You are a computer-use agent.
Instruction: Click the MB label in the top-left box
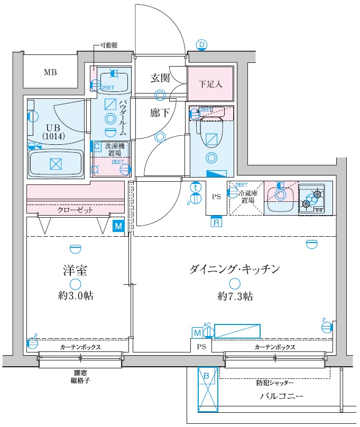coord(50,72)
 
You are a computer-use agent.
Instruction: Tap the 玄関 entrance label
coord(160,78)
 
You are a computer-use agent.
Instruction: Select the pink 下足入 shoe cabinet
coord(210,84)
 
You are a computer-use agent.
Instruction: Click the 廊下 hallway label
coord(160,113)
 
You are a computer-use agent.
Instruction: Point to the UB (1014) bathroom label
coord(52,131)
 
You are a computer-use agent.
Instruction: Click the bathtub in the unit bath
coord(56,163)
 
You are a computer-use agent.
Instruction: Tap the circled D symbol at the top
coord(201,44)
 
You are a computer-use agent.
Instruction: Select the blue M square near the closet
coord(118,226)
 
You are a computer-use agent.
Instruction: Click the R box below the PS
coord(216,222)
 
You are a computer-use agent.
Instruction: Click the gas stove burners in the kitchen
coord(312,199)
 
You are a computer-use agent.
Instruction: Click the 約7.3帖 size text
coord(234,296)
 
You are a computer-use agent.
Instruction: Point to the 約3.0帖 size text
coord(77,296)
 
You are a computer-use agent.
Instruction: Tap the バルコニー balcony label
coord(281,396)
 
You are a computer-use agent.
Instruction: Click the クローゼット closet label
coord(75,210)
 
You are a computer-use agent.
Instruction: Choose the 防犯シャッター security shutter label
coord(275,382)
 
